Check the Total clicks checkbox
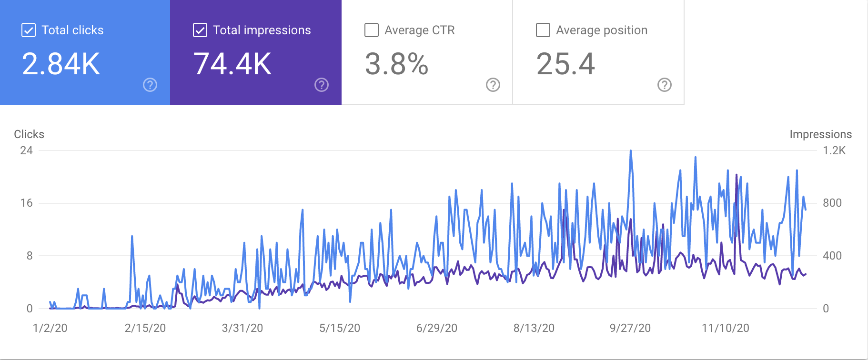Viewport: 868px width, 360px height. pyautogui.click(x=29, y=30)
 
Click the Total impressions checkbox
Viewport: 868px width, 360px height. pyautogui.click(x=200, y=30)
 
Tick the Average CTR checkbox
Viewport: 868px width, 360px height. pyautogui.click(x=372, y=30)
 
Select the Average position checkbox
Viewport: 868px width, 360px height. pyautogui.click(x=543, y=30)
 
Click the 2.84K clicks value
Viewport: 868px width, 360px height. pyautogui.click(x=61, y=64)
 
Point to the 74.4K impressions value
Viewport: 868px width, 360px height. pyautogui.click(x=232, y=64)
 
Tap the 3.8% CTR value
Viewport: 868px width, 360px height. pyautogui.click(x=397, y=64)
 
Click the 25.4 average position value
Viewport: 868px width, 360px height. pyautogui.click(x=566, y=64)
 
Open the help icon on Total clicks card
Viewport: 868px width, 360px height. pyautogui.click(x=150, y=85)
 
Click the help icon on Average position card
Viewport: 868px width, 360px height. pyautogui.click(x=665, y=85)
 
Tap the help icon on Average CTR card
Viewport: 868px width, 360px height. pyautogui.click(x=493, y=85)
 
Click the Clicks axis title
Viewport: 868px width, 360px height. pyautogui.click(x=29, y=134)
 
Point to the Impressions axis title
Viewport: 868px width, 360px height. pyautogui.click(x=820, y=134)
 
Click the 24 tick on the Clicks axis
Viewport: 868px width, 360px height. pyautogui.click(x=27, y=150)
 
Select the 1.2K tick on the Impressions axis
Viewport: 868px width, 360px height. pyautogui.click(x=834, y=150)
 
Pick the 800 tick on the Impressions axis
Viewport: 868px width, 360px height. pyautogui.click(x=832, y=203)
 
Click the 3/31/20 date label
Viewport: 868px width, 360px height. pyautogui.click(x=242, y=328)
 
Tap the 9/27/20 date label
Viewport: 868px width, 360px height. pyautogui.click(x=630, y=328)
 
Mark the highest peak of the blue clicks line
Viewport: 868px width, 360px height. pyautogui.click(x=631, y=151)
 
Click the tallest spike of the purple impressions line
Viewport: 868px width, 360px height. pyautogui.click(x=737, y=175)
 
